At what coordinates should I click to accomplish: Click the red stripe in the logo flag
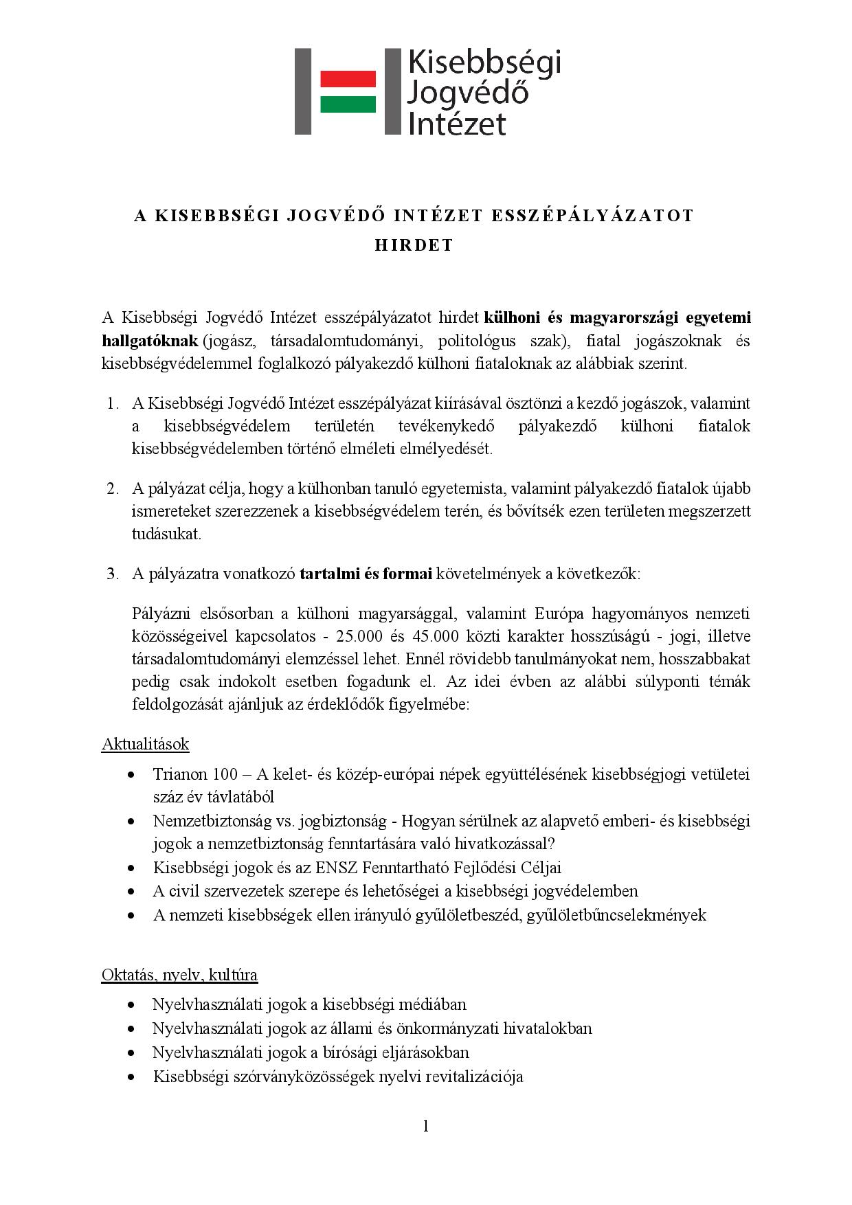click(348, 78)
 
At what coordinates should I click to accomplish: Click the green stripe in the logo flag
click(348, 104)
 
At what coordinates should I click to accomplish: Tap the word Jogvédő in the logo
click(467, 93)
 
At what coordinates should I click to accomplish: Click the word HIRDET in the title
click(414, 245)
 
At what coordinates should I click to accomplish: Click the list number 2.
click(113, 488)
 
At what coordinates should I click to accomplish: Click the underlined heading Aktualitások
click(145, 744)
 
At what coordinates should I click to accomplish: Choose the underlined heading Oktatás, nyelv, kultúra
click(179, 974)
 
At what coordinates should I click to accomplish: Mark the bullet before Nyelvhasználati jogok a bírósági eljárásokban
click(131, 1052)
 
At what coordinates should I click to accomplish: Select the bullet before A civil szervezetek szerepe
click(131, 892)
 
